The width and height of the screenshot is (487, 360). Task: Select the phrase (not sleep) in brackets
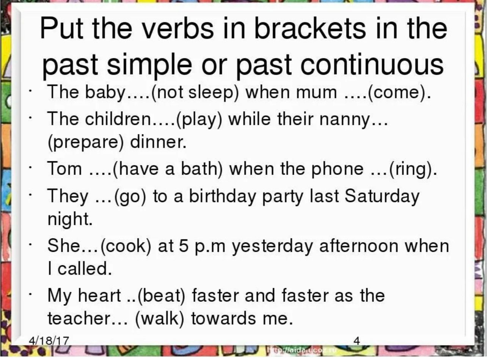[x=195, y=93]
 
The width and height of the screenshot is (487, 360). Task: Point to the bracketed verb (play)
[x=199, y=120]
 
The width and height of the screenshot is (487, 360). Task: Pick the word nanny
[x=345, y=120]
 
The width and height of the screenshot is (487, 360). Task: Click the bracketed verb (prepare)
[x=86, y=143]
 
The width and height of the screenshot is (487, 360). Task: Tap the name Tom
[x=64, y=169]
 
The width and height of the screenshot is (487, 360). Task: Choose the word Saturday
[x=382, y=197]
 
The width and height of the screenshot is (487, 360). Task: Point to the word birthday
[x=222, y=196]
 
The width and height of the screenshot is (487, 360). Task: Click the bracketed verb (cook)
[x=126, y=246]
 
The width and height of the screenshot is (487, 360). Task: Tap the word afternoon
[x=359, y=246]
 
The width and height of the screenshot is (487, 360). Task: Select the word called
[x=85, y=269]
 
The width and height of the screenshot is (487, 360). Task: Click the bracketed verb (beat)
[x=161, y=296]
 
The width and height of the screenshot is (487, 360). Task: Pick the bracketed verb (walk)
[x=160, y=319]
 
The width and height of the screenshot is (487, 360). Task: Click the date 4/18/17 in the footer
[x=49, y=341]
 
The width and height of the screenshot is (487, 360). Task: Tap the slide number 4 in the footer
[x=357, y=341]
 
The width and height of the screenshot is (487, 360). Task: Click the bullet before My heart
[x=31, y=294]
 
